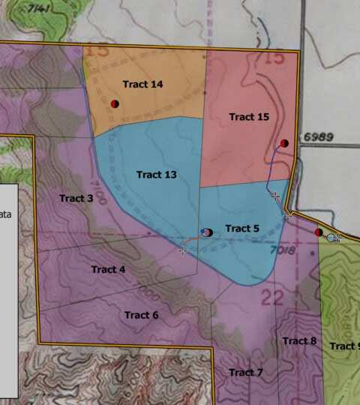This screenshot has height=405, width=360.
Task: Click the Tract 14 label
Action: tap(142, 85)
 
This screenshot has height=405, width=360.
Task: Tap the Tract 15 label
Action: tap(249, 117)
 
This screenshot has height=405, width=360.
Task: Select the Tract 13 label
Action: tap(157, 175)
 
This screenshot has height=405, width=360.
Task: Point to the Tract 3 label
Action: tap(76, 198)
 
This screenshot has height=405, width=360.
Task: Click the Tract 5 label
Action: tap(242, 228)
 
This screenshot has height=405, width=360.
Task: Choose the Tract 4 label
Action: tap(109, 269)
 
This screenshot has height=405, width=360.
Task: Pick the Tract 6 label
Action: tap(142, 315)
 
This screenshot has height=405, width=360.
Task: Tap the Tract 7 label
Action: tap(246, 372)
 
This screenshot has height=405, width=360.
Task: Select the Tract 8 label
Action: tap(300, 341)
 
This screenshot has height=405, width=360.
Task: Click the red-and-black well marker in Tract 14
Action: tap(115, 103)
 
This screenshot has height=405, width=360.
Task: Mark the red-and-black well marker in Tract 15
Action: tap(284, 143)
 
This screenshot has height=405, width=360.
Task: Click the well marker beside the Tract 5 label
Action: tap(207, 232)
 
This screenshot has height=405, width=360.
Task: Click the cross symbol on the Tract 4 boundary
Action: tap(182, 250)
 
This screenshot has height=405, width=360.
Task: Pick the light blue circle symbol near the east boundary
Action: tap(331, 237)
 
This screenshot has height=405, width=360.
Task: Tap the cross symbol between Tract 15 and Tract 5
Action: tap(275, 196)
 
